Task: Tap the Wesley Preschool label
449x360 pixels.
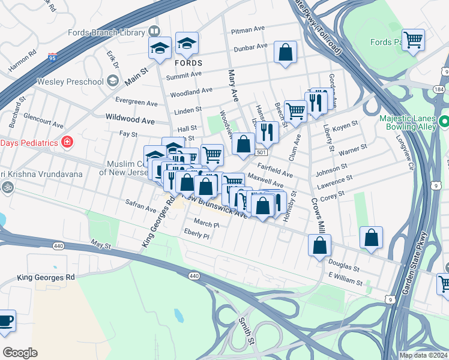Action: point(70,81)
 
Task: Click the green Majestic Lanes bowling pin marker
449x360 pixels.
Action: point(444,122)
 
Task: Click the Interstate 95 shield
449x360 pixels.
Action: point(52,58)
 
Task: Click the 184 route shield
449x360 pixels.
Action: point(439,89)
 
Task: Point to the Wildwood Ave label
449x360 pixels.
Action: point(130,121)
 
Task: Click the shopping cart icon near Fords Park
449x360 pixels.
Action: point(414,40)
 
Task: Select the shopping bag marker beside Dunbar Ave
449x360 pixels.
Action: point(286,52)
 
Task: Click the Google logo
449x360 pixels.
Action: point(20,352)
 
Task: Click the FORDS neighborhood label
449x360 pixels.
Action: point(188,62)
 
